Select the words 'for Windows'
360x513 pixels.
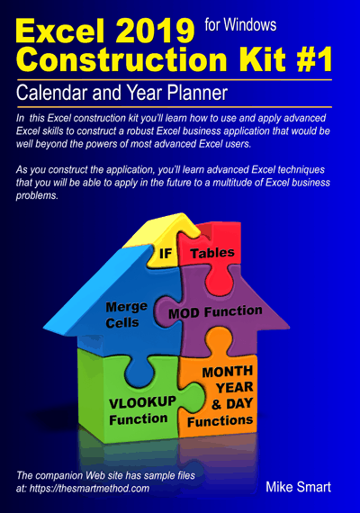point(240,25)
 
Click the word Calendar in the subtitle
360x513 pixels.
point(53,93)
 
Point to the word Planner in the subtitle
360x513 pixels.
point(197,93)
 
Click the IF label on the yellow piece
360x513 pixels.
point(166,253)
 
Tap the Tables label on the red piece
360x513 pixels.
point(212,253)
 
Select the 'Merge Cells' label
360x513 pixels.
point(126,315)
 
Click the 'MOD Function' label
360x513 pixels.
point(215,312)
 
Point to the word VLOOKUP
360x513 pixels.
point(142,402)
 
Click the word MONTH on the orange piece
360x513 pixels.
point(228,372)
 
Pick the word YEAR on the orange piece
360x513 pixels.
point(235,388)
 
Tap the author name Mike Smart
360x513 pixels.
point(298,487)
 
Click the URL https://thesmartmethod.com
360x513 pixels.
point(89,489)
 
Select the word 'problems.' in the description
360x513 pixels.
point(37,195)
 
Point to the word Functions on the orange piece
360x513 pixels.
point(220,421)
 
